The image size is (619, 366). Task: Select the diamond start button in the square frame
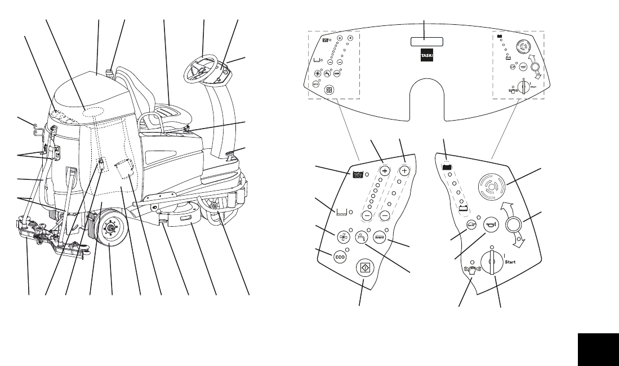tap(363, 267)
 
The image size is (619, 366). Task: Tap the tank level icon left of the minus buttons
tap(341, 212)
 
